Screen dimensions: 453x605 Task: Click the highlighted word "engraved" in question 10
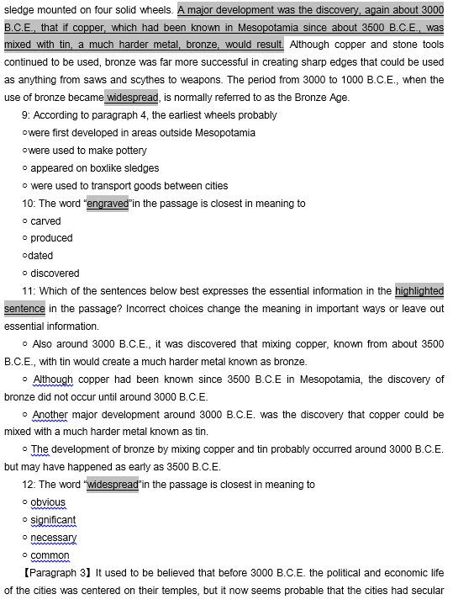click(x=108, y=204)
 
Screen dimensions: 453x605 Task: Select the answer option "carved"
click(x=45, y=221)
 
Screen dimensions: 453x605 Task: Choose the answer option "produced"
click(x=51, y=239)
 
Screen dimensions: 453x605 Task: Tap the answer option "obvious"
click(x=48, y=502)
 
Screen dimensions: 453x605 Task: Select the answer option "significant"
click(x=53, y=520)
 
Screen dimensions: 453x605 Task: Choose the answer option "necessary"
click(x=53, y=538)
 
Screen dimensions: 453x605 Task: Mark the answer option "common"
click(x=50, y=555)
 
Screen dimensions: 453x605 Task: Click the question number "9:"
click(x=27, y=115)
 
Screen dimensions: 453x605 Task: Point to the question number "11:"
click(x=29, y=291)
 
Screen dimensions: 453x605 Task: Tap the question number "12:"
click(x=29, y=485)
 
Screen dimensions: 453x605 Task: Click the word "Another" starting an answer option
click(x=50, y=415)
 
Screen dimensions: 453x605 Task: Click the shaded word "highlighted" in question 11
click(x=419, y=291)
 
